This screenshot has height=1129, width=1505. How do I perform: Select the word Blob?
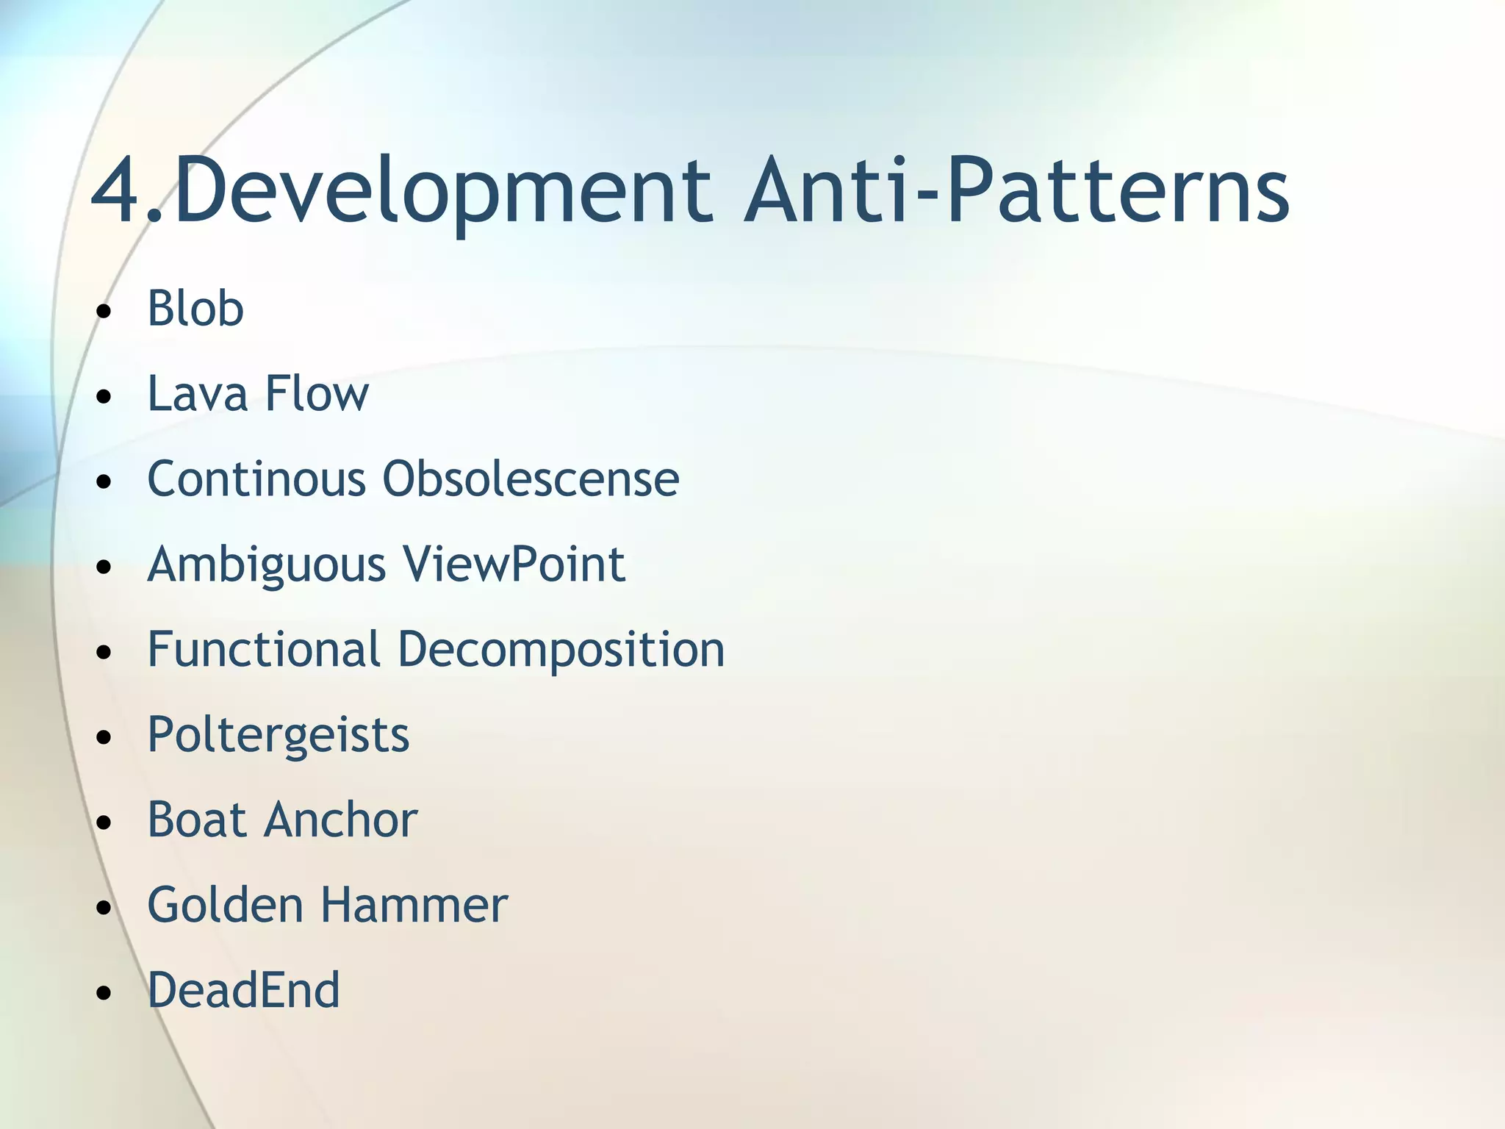(x=195, y=309)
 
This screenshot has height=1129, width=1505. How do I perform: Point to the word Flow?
(x=317, y=394)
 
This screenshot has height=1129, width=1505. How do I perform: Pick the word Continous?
(x=256, y=479)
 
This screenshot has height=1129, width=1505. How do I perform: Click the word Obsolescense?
(x=531, y=479)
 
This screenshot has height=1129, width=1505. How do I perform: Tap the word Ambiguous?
(x=267, y=566)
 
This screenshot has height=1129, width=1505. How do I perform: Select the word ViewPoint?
(x=514, y=564)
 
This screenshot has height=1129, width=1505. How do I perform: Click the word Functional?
(x=264, y=650)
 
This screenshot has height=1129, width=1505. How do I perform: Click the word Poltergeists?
(x=279, y=736)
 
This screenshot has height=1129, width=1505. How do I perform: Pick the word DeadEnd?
(x=243, y=991)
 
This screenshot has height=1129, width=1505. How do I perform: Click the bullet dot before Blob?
(x=104, y=312)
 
